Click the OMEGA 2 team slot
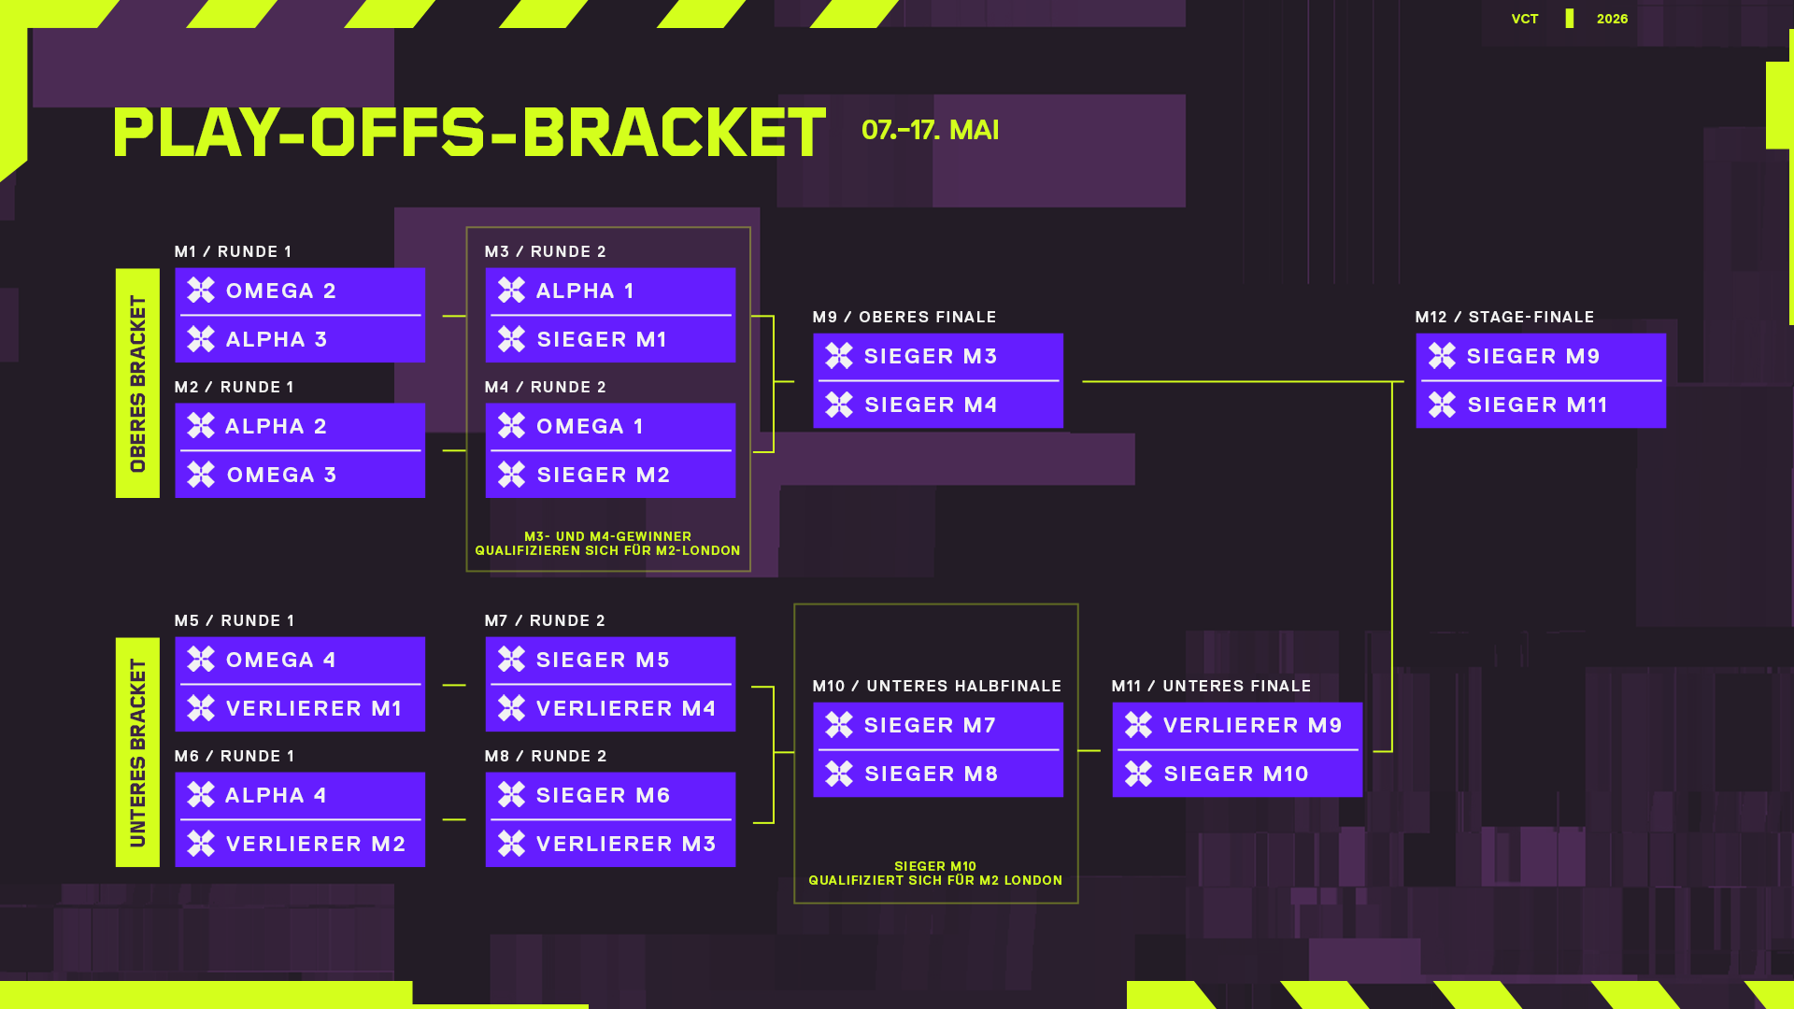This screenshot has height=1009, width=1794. [300, 291]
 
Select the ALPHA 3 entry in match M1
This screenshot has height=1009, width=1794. [300, 340]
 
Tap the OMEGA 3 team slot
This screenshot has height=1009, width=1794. [300, 476]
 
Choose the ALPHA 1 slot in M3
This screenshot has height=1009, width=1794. [610, 291]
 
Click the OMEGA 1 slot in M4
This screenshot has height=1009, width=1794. [610, 427]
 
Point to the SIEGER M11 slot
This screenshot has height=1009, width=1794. [1541, 405]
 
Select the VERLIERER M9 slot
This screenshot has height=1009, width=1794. [1237, 726]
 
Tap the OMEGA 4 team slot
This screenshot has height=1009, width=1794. [300, 661]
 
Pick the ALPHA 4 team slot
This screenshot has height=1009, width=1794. [300, 796]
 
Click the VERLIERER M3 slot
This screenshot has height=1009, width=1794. [610, 845]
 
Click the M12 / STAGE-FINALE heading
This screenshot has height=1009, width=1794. [1504, 318]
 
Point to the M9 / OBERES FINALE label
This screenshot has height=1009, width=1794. [904, 318]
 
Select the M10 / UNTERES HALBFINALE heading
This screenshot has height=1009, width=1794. [937, 687]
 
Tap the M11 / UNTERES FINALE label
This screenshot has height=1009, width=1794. [1212, 687]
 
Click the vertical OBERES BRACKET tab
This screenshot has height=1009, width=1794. [137, 383]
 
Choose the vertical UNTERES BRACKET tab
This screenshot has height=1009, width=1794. [137, 752]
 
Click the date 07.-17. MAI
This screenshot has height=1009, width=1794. [930, 130]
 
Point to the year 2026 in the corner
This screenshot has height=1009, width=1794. [1612, 19]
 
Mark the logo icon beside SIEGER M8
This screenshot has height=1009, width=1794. [839, 775]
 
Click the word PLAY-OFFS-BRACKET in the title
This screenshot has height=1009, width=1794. [469, 132]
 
